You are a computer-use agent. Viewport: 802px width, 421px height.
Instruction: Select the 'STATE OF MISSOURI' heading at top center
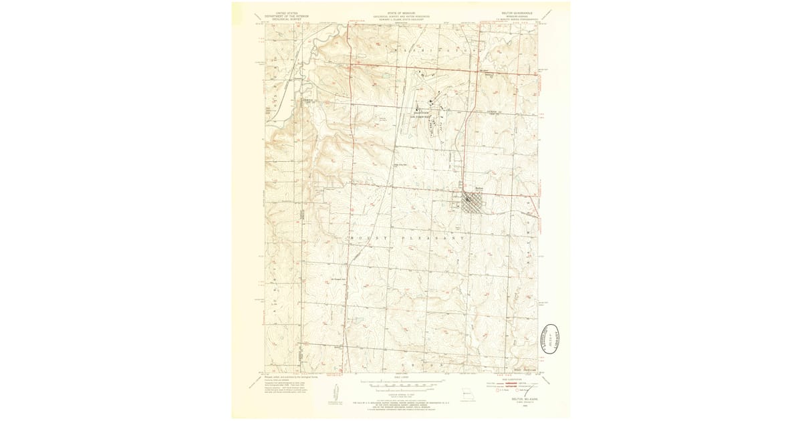click(401, 13)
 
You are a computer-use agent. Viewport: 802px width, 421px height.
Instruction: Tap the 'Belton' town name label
click(478, 189)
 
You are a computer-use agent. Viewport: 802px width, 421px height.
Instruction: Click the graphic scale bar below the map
click(401, 384)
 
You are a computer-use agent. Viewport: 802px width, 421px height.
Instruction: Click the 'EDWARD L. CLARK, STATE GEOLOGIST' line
click(401, 18)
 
